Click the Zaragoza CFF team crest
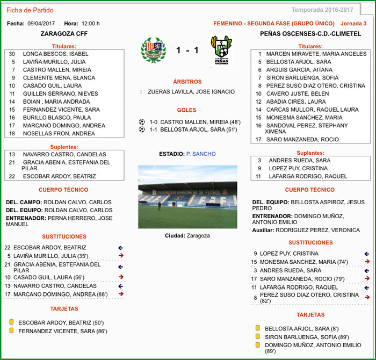point(153,51)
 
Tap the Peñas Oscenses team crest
point(221,51)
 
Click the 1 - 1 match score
point(187,51)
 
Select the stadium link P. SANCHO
point(201,154)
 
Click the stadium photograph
point(187,197)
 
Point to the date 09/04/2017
point(41,24)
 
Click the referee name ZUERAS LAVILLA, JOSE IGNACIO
point(191,92)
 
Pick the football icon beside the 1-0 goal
point(142,122)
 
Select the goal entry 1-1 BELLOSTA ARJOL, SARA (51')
point(194,129)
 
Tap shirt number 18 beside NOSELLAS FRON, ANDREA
point(12,134)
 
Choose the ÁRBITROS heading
point(187,82)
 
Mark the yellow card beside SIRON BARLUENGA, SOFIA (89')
point(258,336)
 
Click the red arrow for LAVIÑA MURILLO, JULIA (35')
point(121,256)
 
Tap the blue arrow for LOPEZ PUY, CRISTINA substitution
point(367,254)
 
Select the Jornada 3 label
point(353,24)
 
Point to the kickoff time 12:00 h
point(90,24)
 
